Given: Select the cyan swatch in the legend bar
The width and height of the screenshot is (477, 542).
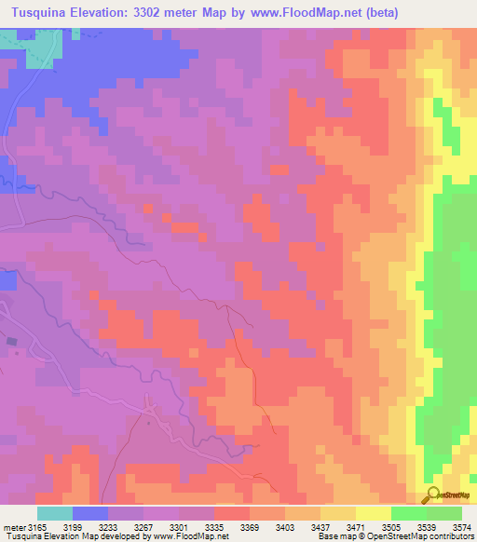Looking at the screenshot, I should [x=55, y=513].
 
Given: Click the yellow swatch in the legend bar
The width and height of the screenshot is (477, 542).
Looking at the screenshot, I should [x=374, y=513].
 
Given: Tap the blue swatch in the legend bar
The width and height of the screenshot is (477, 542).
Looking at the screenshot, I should [x=90, y=513].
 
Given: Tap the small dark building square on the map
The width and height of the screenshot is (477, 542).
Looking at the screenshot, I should [x=12, y=342].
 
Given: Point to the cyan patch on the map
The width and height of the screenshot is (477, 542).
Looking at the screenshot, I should [x=37, y=47].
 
